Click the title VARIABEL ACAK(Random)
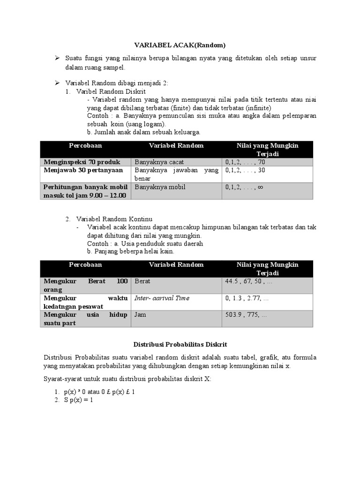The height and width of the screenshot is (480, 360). pos(180,45)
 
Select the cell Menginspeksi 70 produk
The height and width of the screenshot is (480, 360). pos(82,162)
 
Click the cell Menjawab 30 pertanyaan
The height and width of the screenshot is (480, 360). pos(83,170)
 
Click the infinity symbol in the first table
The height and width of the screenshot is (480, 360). pos(260,187)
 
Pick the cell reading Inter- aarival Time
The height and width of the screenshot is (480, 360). pos(162,298)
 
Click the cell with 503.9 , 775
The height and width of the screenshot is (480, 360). pos(246,315)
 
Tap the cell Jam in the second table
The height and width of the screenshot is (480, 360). pos(140,315)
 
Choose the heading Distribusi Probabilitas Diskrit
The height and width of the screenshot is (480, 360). pos(180,345)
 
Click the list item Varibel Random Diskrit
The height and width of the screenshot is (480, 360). pos(111,91)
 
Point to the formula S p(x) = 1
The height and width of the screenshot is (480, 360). pos(79,400)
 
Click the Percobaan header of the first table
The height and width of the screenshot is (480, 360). pos(85,145)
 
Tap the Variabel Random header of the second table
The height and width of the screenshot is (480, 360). pos(176,264)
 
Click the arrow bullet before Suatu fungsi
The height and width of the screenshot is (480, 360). pos(57,58)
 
